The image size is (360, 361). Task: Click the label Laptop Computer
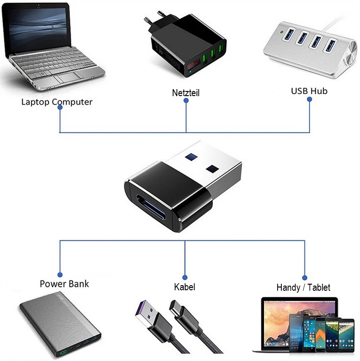pyautogui.click(x=57, y=101)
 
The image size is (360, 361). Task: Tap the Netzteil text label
pyautogui.click(x=186, y=93)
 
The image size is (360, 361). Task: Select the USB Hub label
pyautogui.click(x=309, y=90)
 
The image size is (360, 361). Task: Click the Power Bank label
pyautogui.click(x=64, y=284)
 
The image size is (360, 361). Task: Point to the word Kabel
pyautogui.click(x=184, y=287)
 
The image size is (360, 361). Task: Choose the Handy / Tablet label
pyautogui.click(x=303, y=287)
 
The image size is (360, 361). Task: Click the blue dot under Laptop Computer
pyautogui.click(x=60, y=108)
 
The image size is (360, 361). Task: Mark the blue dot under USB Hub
pyautogui.click(x=310, y=99)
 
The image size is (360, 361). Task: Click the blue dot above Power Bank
pyautogui.click(x=60, y=274)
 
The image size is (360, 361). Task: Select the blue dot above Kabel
pyautogui.click(x=185, y=278)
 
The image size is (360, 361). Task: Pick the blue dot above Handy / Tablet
pyautogui.click(x=305, y=278)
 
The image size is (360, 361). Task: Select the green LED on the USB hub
pyautogui.click(x=280, y=33)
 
